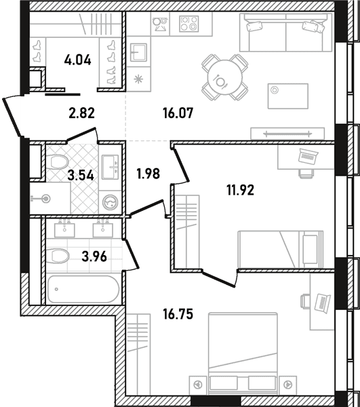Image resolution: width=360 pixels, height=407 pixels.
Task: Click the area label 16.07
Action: pos(178,113)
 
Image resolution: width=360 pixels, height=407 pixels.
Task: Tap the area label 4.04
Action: pos(77,60)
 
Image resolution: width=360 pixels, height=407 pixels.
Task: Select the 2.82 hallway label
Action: pos(82,113)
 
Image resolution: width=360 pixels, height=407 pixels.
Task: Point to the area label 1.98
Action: pos(148,174)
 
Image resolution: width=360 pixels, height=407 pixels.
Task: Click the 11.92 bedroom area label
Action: pos(241,190)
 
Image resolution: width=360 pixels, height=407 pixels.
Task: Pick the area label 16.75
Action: pos(178,315)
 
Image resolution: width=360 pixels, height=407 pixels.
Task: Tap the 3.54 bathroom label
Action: pos(81,176)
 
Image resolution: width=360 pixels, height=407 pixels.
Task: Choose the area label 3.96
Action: pos(94,257)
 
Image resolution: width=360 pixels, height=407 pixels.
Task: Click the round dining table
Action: pos(224,77)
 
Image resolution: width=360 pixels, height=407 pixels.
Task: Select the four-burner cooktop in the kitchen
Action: pos(189,24)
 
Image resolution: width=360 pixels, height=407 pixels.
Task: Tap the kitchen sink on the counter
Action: pos(138,52)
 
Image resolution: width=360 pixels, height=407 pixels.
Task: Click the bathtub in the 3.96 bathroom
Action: pos(84,289)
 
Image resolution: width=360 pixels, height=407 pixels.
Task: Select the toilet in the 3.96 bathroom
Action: pos(59,256)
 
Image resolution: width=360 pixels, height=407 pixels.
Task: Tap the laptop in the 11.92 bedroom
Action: pos(308,156)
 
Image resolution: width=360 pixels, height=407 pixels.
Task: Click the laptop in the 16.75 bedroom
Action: pos(323,303)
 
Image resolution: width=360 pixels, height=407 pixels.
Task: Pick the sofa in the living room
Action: pos(286,32)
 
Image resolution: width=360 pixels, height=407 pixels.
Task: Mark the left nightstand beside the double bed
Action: pos(198,385)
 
